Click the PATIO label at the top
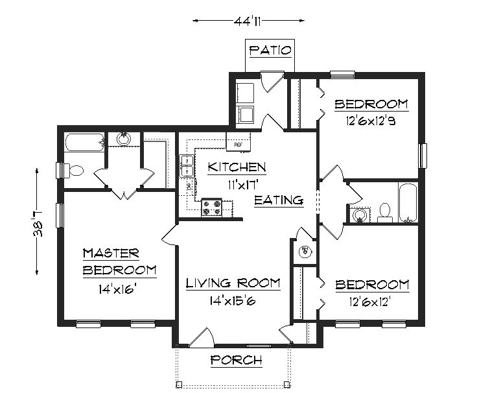click(x=271, y=50)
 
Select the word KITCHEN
click(x=237, y=167)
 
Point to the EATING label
click(x=279, y=200)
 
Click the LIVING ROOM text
click(x=233, y=283)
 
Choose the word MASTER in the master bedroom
click(x=110, y=253)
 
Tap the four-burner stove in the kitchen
click(x=212, y=208)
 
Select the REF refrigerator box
click(x=237, y=140)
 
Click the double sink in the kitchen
click(x=186, y=165)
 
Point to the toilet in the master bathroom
click(x=76, y=171)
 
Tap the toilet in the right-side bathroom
click(x=384, y=211)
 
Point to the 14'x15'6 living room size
click(x=233, y=301)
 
